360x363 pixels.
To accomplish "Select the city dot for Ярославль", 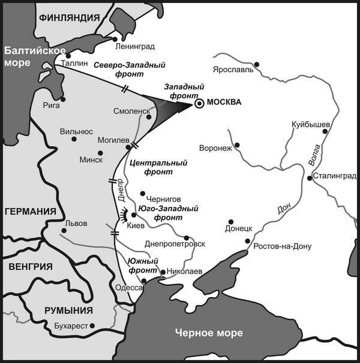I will pos(256,64).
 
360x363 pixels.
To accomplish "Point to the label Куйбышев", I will pos(310,124).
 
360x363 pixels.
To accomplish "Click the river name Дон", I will pos(283,209).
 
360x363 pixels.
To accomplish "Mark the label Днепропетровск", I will pos(175,244).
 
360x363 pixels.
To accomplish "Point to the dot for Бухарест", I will pos(93,325).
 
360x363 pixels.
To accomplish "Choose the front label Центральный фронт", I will pos(158,167).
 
